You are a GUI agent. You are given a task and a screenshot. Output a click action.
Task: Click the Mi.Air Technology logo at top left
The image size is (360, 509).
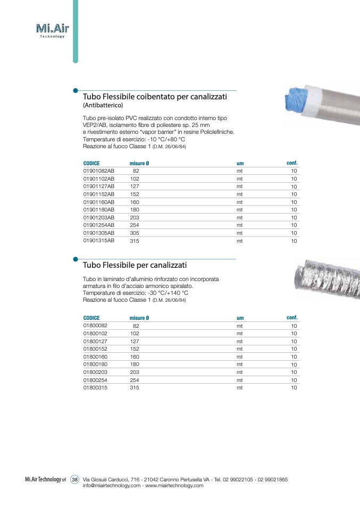[x=52, y=30]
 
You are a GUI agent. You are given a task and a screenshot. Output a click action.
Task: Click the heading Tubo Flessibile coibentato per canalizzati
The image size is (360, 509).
[x=155, y=97]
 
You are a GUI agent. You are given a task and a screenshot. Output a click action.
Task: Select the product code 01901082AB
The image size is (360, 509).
[x=98, y=171]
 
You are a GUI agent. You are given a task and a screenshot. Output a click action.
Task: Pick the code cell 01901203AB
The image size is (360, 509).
[x=98, y=217]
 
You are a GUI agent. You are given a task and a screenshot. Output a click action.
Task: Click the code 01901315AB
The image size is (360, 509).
[x=98, y=241]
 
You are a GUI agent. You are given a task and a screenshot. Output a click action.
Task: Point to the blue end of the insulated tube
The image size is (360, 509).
[x=298, y=100]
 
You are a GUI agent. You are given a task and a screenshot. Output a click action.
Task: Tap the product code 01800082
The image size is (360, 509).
[x=95, y=326]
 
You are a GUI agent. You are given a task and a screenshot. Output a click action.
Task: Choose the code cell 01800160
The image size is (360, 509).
[x=95, y=357]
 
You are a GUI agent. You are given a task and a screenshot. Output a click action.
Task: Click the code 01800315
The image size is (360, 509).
[x=95, y=388]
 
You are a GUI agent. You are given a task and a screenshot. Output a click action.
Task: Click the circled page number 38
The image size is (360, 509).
[x=75, y=479]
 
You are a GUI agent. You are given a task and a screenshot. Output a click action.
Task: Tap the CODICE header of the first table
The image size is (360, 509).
[x=91, y=163]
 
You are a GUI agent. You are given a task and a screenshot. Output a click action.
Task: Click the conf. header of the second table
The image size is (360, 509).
[x=292, y=317]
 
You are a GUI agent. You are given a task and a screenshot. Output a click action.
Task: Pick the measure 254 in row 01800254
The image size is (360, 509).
[x=135, y=380]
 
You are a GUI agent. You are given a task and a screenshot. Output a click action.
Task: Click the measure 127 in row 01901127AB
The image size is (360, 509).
[x=135, y=186]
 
